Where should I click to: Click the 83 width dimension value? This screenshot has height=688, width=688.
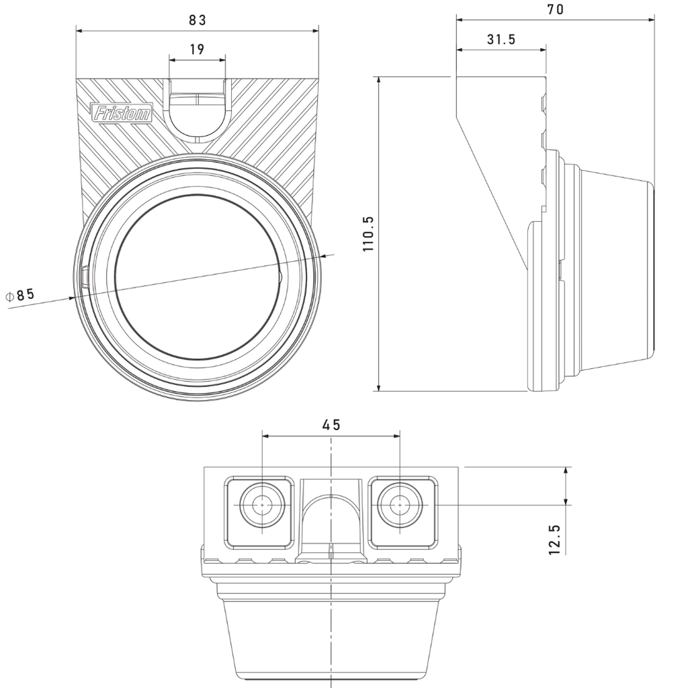(197, 20)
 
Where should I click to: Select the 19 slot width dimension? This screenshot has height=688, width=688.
(197, 49)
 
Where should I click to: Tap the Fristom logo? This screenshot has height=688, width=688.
(122, 113)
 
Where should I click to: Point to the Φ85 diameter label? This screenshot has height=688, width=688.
(20, 294)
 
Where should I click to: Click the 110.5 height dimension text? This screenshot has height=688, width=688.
(368, 233)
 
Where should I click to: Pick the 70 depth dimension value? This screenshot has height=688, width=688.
(556, 9)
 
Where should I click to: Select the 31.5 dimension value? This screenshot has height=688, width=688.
(501, 40)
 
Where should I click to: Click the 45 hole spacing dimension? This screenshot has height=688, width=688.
(331, 425)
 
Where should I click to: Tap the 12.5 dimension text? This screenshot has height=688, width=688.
(554, 540)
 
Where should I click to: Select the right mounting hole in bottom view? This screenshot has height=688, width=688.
(400, 504)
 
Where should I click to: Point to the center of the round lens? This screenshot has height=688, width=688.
(197, 277)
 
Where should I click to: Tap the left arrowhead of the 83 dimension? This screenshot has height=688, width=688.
(79, 30)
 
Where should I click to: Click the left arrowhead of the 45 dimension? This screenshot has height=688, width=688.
(265, 435)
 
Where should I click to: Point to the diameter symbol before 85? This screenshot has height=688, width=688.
(9, 296)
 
